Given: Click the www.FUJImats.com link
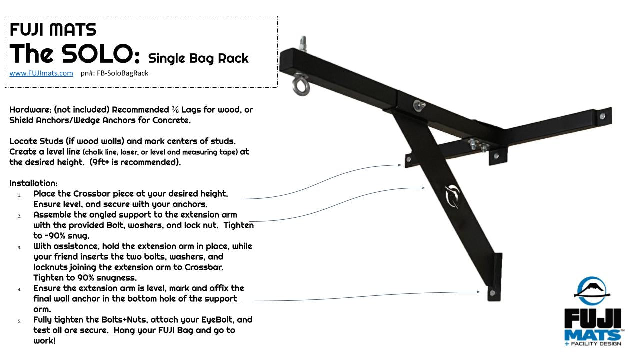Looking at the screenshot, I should (41, 73).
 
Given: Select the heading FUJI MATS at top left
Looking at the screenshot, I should (53, 30).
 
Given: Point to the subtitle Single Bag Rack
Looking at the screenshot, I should (198, 58).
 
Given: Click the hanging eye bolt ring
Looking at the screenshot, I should (301, 84).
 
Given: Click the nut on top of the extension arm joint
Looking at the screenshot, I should (417, 105).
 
